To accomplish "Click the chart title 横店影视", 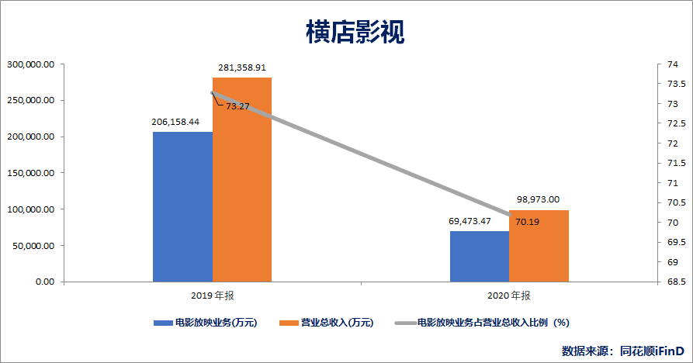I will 346,32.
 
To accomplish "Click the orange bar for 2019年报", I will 242,179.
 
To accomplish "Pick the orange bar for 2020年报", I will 539,246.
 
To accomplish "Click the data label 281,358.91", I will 241,67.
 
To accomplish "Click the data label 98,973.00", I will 538,199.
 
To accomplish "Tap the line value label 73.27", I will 237,106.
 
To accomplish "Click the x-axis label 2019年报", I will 212,296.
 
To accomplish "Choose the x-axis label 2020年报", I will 509,296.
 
